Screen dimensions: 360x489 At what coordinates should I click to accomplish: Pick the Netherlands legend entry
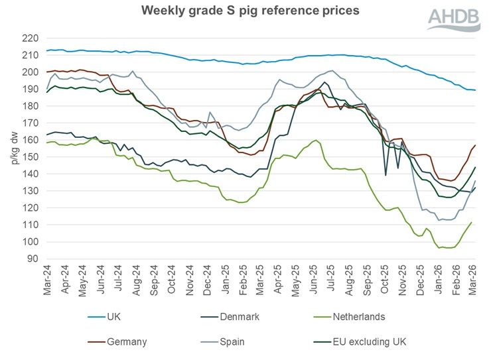(x=378, y=317)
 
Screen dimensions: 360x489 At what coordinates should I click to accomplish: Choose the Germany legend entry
(x=127, y=341)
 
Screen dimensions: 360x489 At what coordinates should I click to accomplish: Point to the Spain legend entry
(x=248, y=341)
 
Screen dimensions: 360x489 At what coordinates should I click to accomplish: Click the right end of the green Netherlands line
(x=471, y=223)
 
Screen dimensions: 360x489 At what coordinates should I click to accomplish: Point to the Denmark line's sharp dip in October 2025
(x=386, y=175)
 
